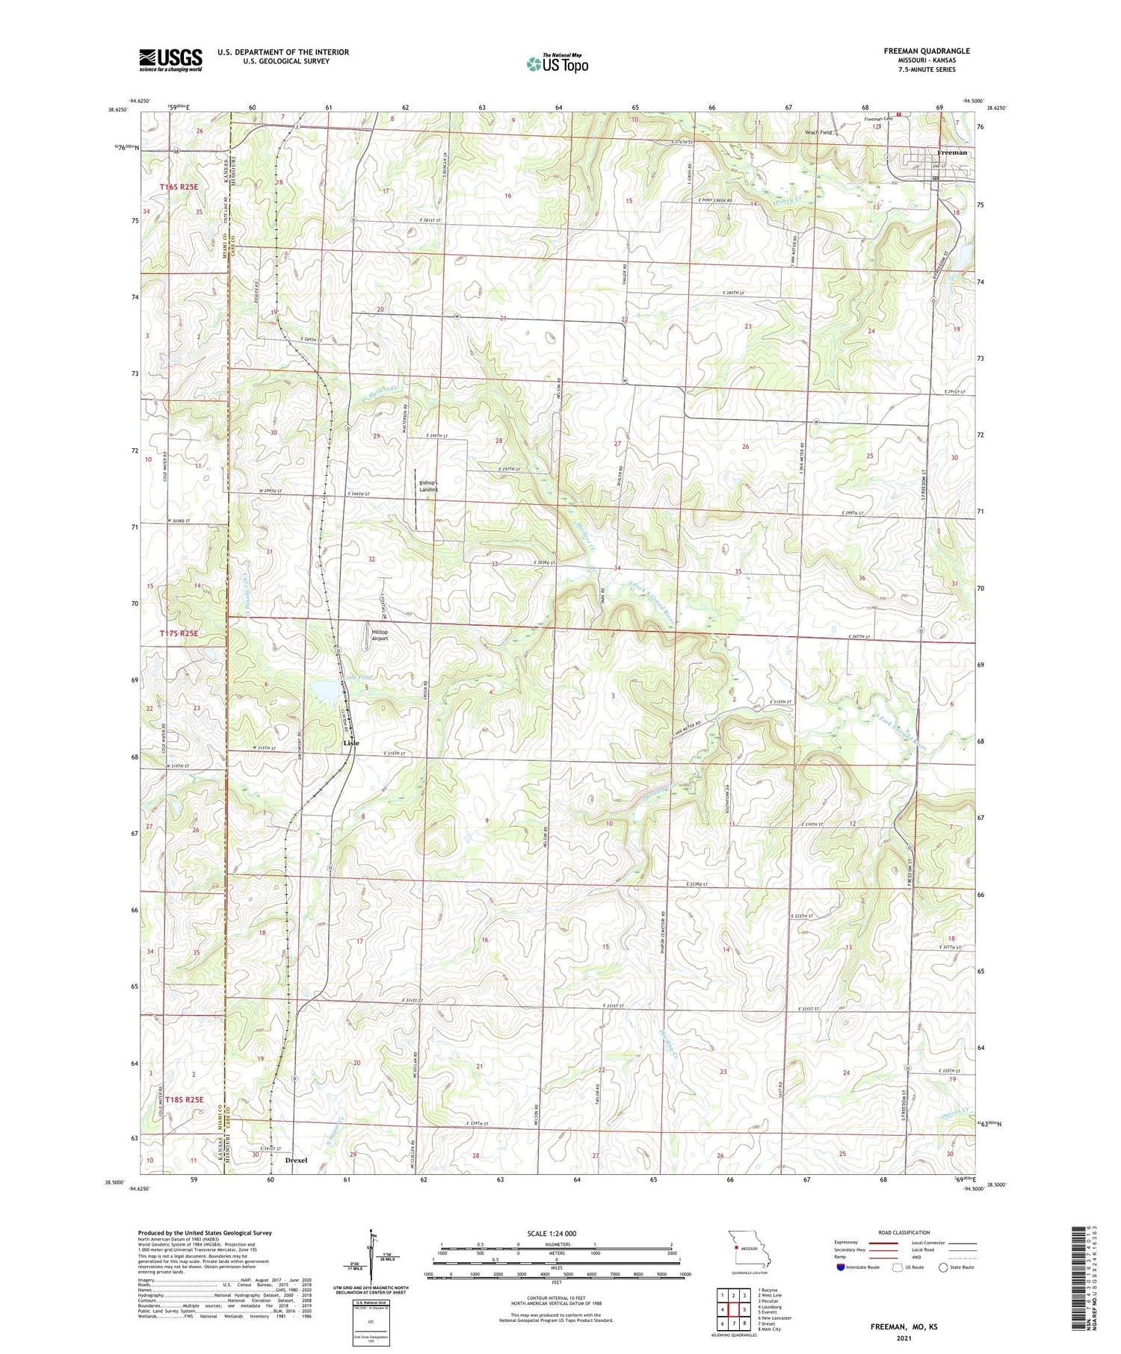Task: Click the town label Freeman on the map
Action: [951, 152]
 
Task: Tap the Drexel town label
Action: [296, 1160]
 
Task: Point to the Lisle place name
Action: [351, 743]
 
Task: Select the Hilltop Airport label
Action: [380, 635]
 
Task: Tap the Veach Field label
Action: [818, 132]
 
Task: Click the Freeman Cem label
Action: [878, 119]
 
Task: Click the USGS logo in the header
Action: [170, 60]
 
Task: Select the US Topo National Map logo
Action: [557, 63]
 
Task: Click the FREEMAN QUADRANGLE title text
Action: [927, 51]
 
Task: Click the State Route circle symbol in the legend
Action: [943, 1267]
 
